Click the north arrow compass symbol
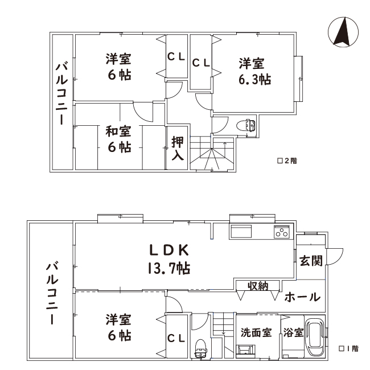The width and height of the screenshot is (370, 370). tap(343, 32)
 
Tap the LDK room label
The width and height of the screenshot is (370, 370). tap(170, 250)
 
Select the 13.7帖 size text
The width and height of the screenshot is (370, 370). tap(169, 268)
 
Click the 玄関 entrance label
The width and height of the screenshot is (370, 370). tap(311, 261)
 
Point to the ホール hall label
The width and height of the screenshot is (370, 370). tap(302, 297)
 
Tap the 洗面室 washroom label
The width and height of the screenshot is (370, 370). tap(256, 332)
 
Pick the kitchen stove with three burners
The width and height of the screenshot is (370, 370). tap(282, 232)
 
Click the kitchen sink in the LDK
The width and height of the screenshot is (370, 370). tap(241, 232)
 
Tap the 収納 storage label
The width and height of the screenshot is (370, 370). tap(258, 286)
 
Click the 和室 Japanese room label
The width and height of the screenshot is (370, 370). tap(118, 131)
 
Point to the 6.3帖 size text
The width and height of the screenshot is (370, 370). tap(255, 80)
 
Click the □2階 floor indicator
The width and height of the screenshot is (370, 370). tap(287, 161)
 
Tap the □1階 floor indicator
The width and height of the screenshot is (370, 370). tap(349, 348)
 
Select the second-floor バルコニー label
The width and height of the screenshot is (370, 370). tap(62, 94)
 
